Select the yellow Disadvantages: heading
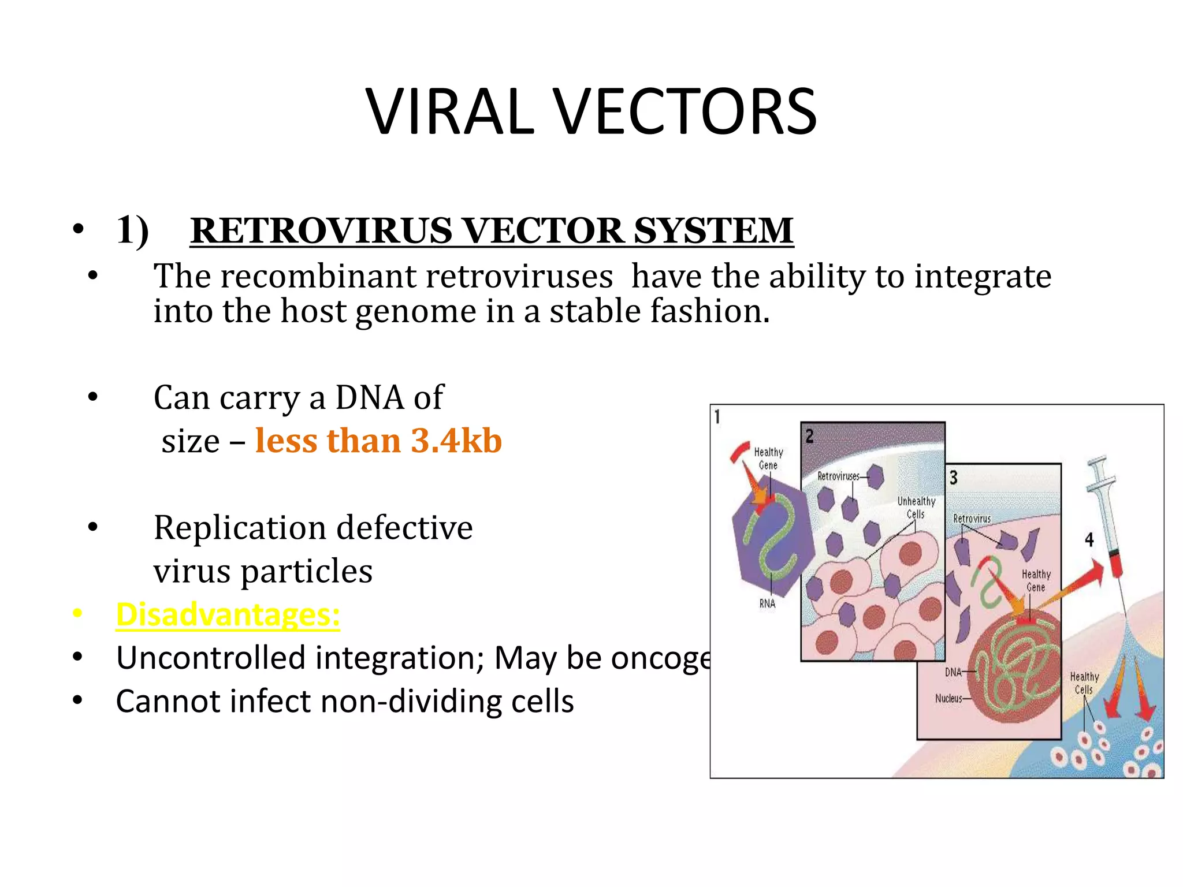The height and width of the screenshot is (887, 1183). (228, 614)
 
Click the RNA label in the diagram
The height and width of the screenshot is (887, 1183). (767, 603)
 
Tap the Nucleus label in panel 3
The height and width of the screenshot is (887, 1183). (948, 699)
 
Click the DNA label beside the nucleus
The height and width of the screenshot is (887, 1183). (953, 672)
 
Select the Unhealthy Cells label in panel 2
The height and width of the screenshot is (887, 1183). (916, 508)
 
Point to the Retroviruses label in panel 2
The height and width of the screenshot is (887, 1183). (838, 476)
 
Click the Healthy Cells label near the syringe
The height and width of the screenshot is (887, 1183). (1084, 683)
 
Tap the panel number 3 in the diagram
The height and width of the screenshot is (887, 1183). (954, 478)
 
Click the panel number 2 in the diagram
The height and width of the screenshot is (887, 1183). (809, 436)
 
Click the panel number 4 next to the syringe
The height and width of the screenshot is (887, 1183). (1089, 540)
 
